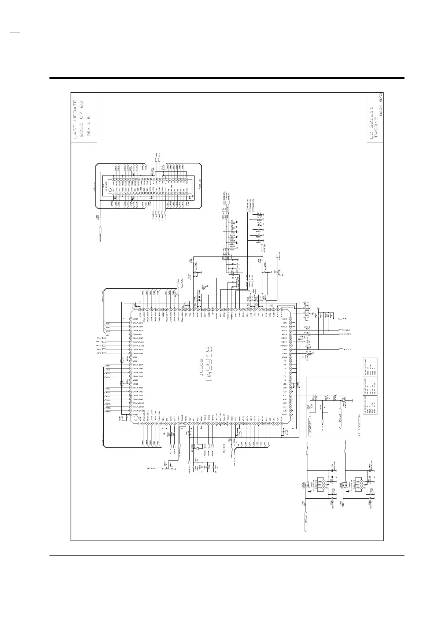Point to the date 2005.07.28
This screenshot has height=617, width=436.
[x=82, y=118]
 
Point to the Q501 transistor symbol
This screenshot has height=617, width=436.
[x=343, y=399]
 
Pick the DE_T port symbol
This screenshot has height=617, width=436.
[x=224, y=447]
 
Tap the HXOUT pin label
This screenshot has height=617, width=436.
[x=284, y=326]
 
